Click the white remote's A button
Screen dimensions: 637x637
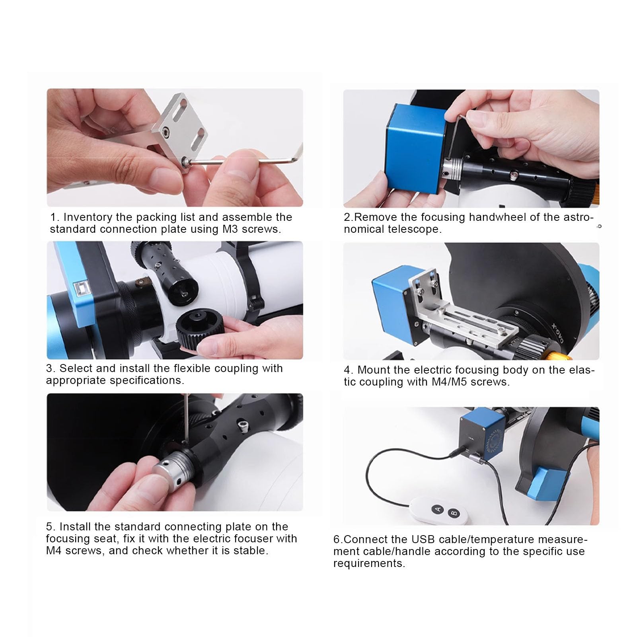[438, 508]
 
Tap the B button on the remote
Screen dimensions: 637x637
[454, 512]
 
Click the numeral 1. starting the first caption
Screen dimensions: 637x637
[55, 217]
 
